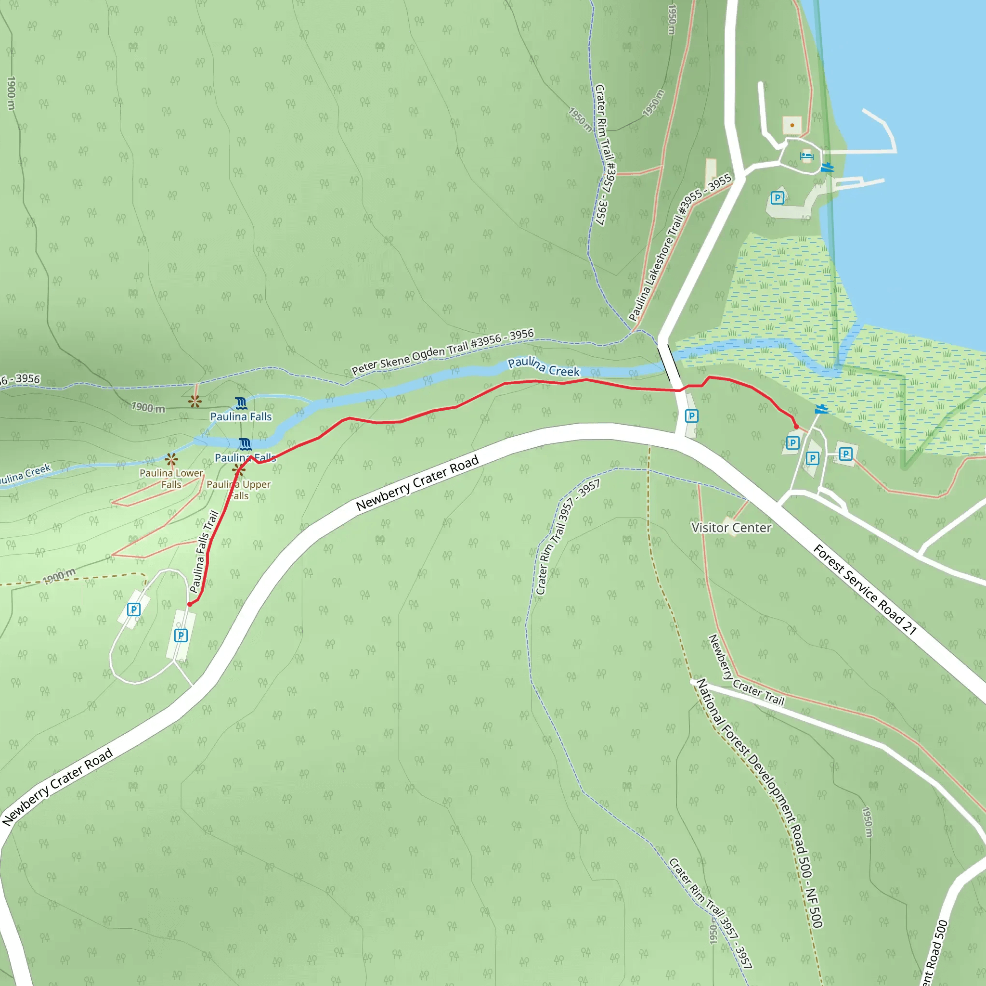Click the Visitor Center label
coord(731,528)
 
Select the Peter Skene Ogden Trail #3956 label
coord(442,351)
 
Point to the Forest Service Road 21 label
coord(865,589)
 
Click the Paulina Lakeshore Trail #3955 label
coord(680,247)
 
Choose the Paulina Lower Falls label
coord(171,479)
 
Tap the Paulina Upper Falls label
coord(238,490)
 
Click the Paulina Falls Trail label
coord(204,552)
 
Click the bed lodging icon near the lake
coord(807,156)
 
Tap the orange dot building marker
coord(792,125)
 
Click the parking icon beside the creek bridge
coord(691,416)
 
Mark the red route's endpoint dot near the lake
coord(796,426)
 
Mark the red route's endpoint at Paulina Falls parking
coord(190,604)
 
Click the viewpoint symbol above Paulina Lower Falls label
coord(171,459)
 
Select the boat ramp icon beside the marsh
coord(821,409)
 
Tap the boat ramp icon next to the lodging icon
coord(827,168)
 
